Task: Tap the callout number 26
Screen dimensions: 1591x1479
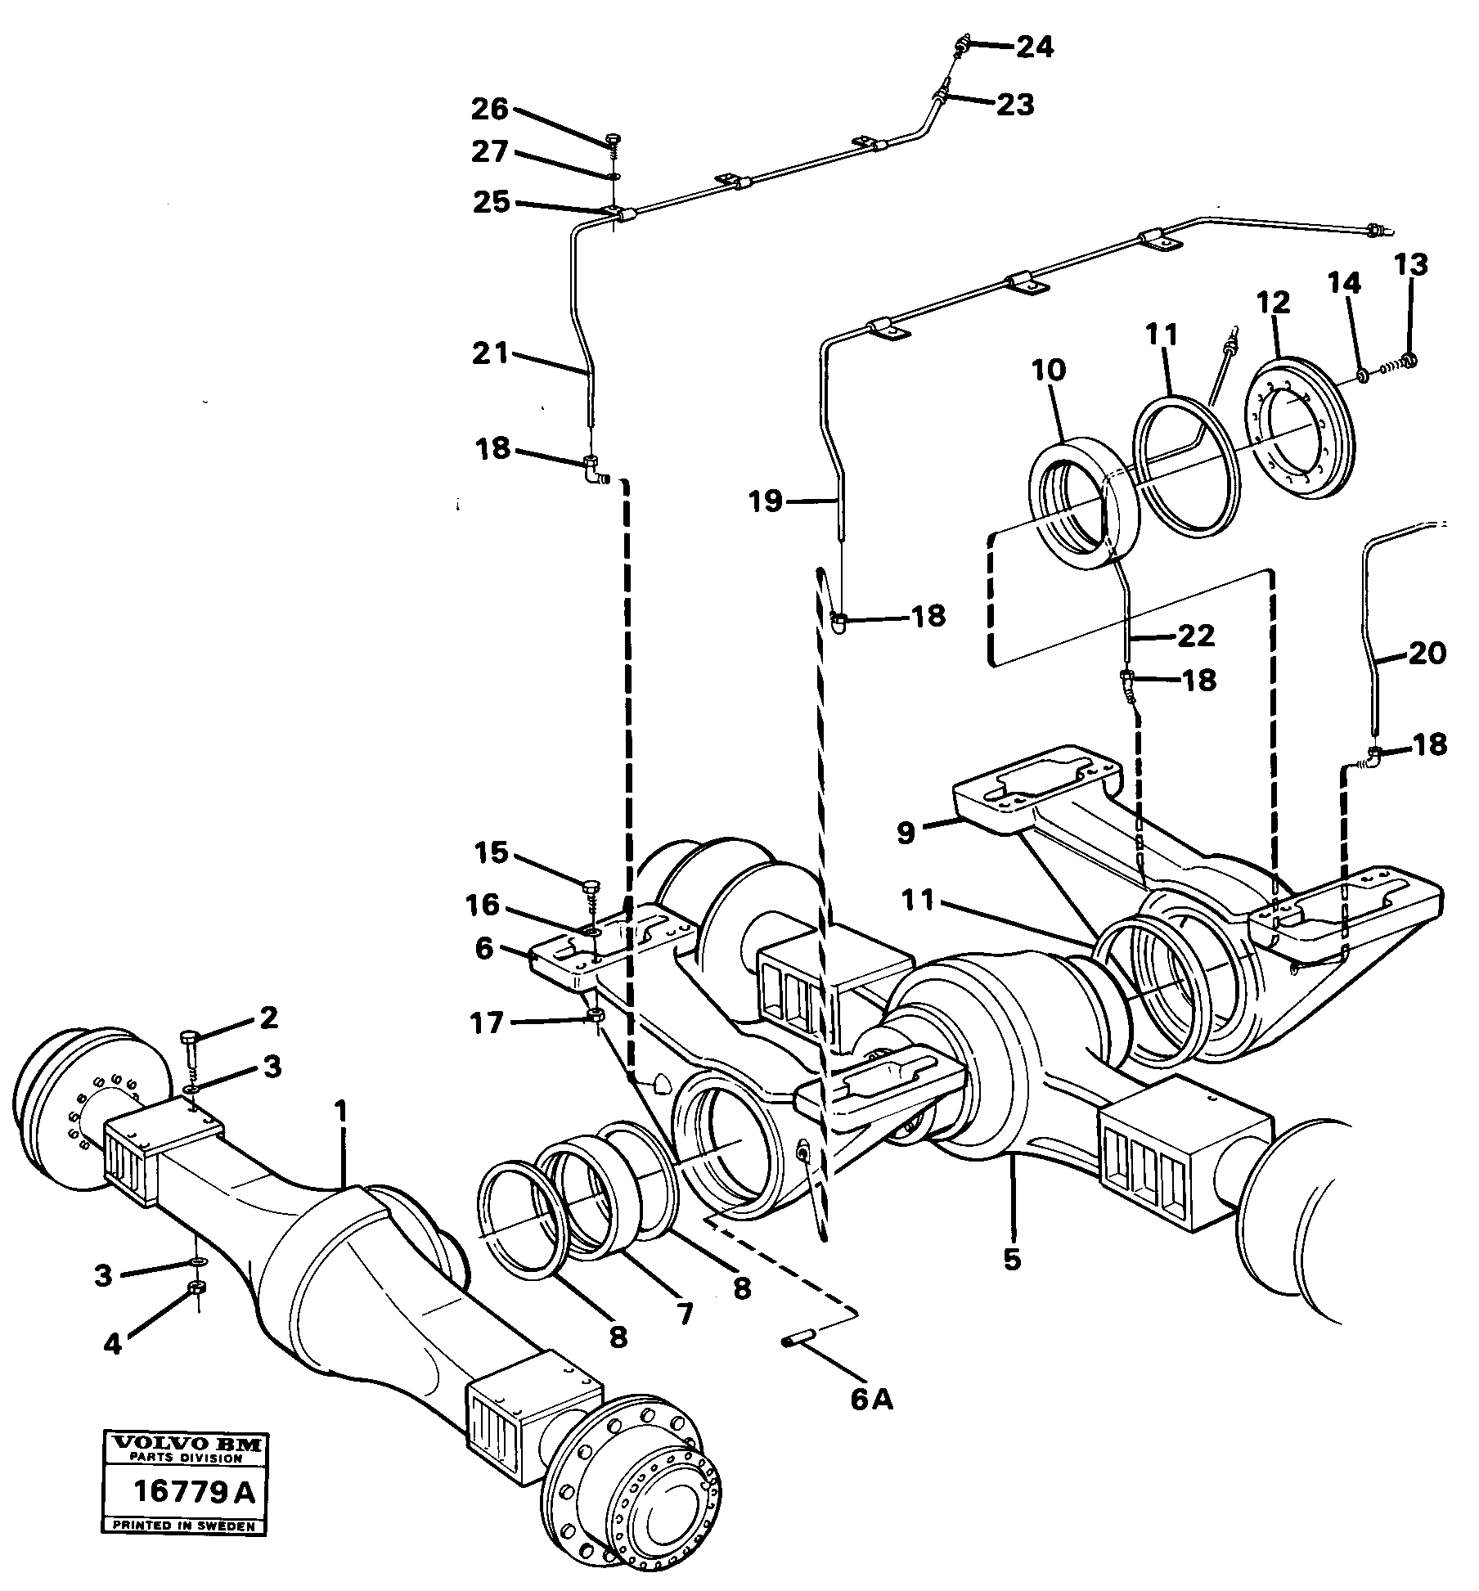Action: pyautogui.click(x=490, y=109)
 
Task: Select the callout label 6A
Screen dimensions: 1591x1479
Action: pyautogui.click(x=872, y=1399)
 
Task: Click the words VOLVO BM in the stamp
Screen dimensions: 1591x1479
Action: pyautogui.click(x=185, y=1443)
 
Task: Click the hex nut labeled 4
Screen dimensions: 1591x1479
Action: pyautogui.click(x=196, y=1288)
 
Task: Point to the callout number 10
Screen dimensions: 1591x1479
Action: pyautogui.click(x=1050, y=371)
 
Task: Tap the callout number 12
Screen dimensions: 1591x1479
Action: pyautogui.click(x=1274, y=302)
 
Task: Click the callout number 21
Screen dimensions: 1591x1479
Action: pyautogui.click(x=490, y=354)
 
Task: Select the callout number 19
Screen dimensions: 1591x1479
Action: pyautogui.click(x=766, y=500)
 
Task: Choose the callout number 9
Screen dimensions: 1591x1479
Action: pyautogui.click(x=905, y=833)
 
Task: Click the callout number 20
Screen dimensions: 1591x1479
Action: pyautogui.click(x=1427, y=652)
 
